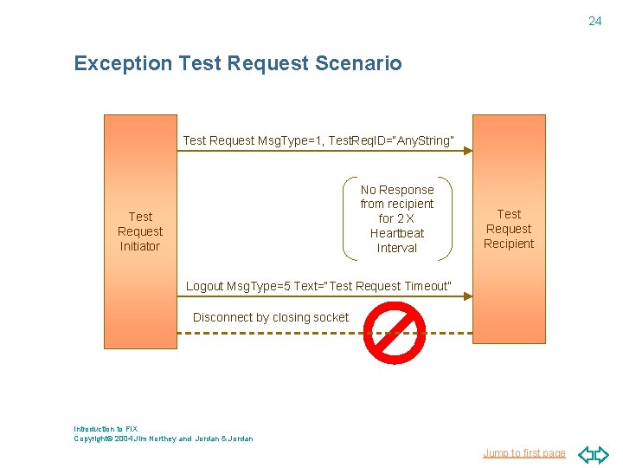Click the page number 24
click(594, 21)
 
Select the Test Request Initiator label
click(140, 231)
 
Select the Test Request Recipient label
click(509, 229)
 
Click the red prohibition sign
click(394, 334)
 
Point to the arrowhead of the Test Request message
click(467, 151)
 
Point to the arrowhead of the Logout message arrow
click(467, 296)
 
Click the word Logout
click(204, 286)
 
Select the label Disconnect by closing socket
click(271, 317)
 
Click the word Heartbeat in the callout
click(397, 233)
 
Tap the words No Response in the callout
click(397, 190)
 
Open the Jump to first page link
click(523, 453)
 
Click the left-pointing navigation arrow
click(585, 454)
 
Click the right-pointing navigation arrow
click(602, 454)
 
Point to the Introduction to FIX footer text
click(106, 429)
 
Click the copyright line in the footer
click(164, 439)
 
